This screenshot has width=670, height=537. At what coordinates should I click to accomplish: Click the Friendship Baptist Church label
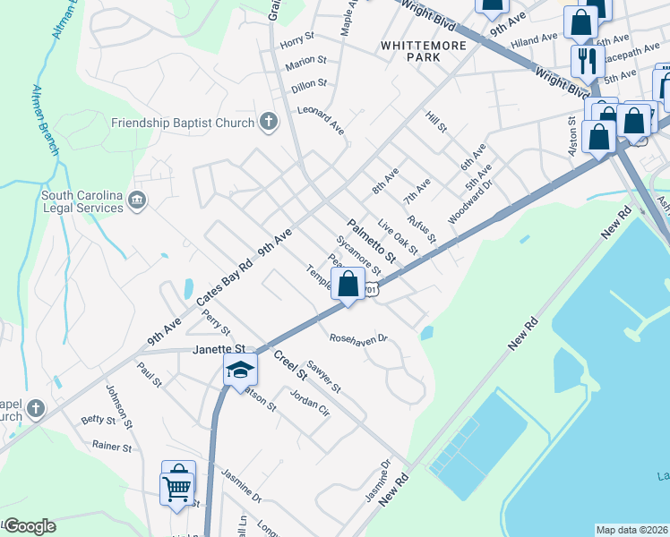click(x=180, y=122)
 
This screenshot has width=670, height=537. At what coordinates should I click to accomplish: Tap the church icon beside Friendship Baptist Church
click(x=268, y=121)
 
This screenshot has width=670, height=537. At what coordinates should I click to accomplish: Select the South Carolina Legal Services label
click(x=82, y=201)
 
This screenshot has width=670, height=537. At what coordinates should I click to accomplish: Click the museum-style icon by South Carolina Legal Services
click(x=137, y=200)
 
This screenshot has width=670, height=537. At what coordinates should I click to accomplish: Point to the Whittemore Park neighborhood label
click(x=410, y=50)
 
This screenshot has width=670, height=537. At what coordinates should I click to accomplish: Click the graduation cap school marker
click(x=240, y=369)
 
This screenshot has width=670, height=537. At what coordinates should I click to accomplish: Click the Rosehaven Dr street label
click(x=357, y=339)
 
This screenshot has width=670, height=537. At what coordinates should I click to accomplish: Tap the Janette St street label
click(x=219, y=348)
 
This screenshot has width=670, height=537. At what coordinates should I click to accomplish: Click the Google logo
click(x=29, y=526)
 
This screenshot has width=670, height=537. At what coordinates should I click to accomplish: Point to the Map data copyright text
click(x=631, y=530)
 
